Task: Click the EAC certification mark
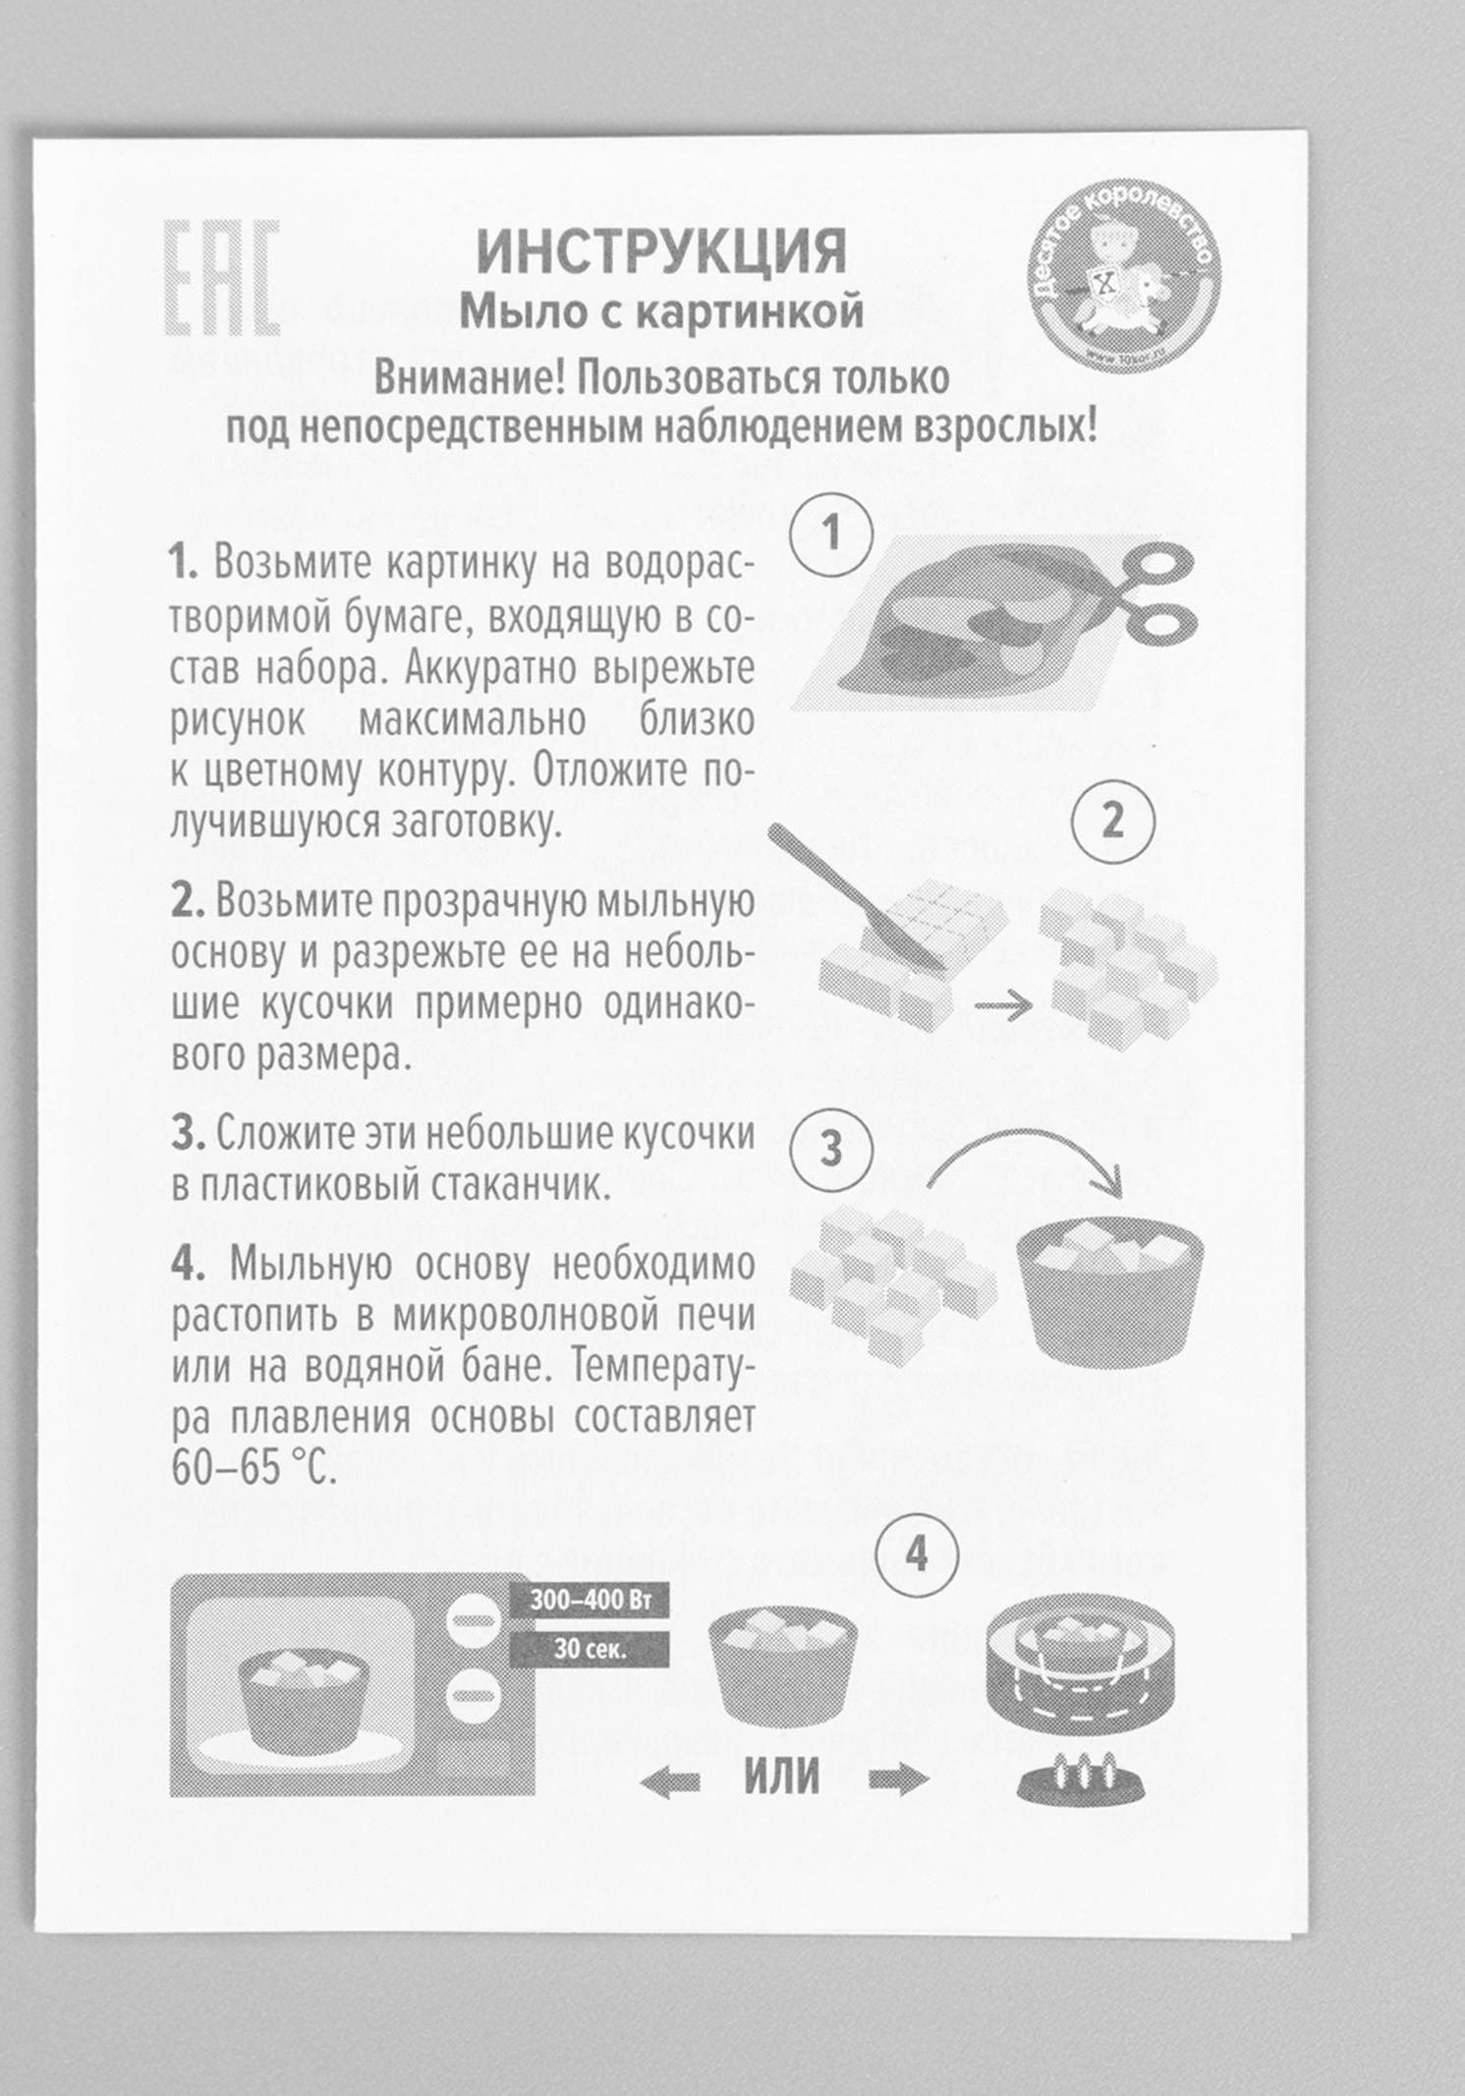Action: click(221, 278)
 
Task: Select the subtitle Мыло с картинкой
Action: click(661, 312)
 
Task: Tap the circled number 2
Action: click(1112, 819)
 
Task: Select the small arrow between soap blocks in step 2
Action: click(1003, 1005)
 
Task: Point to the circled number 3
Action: click(831, 1148)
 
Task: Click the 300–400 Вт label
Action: click(590, 1600)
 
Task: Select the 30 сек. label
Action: click(590, 1649)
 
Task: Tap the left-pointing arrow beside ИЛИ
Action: click(670, 1780)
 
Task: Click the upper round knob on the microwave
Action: click(474, 1619)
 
